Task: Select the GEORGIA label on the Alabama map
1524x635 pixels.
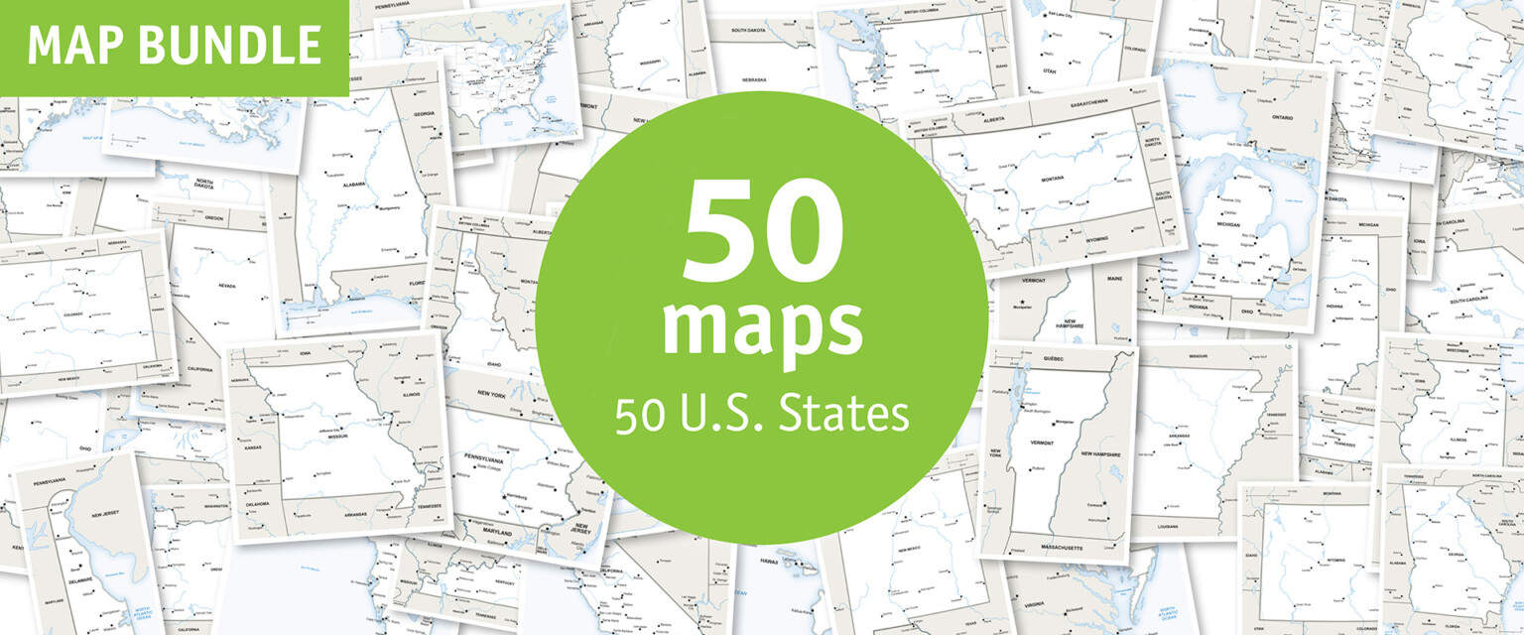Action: point(425,114)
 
